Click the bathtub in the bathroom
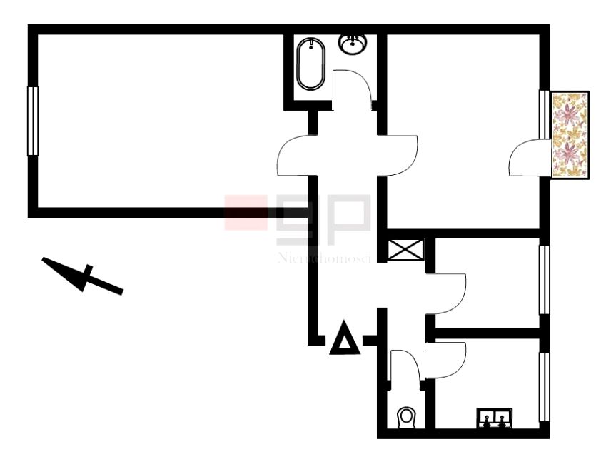point(310,64)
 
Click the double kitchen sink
point(494,416)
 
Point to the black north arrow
point(83,276)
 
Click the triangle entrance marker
point(343,338)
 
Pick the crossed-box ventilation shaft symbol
point(406,251)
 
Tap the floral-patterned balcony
point(570,135)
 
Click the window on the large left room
point(32,121)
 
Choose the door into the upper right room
point(400,156)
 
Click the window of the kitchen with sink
point(545,386)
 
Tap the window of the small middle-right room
point(545,279)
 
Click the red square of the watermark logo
point(246,212)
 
